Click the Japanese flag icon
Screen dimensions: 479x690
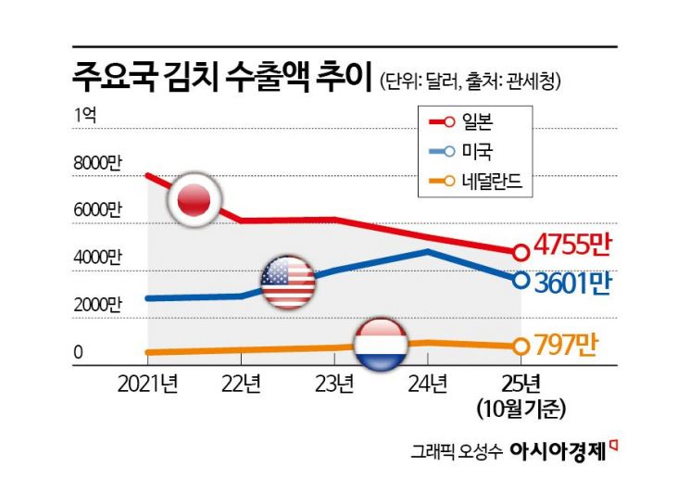coord(194,197)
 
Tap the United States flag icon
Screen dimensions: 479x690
coord(288,283)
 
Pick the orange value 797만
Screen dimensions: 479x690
coord(565,347)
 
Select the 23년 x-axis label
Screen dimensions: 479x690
coord(334,383)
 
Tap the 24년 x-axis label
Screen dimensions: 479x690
coord(428,383)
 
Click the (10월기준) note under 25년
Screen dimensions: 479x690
coord(521,406)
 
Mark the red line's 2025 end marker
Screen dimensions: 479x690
coord(521,251)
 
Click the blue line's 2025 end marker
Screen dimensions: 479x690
coord(521,279)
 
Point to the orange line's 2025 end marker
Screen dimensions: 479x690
coord(521,347)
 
